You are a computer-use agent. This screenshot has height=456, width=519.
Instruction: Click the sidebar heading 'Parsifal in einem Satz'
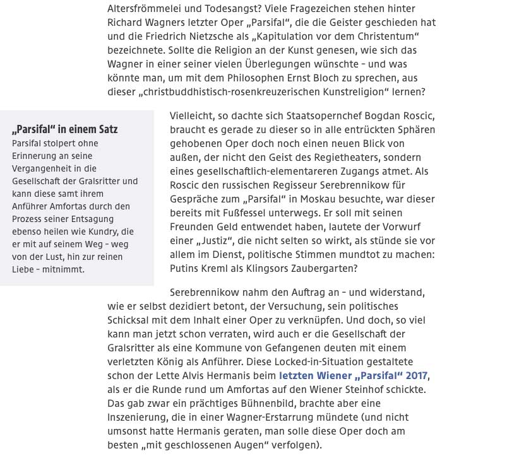click(x=65, y=130)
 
